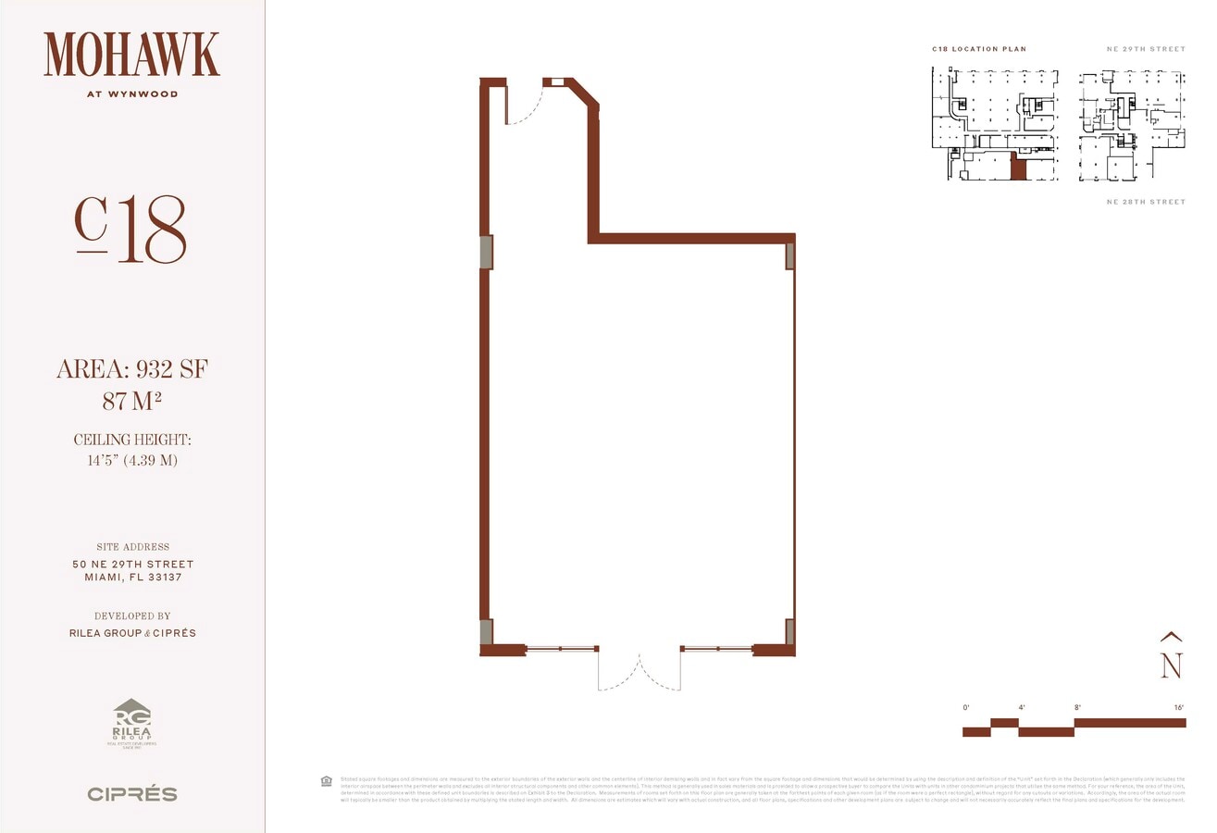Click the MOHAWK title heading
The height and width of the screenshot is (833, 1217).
131,55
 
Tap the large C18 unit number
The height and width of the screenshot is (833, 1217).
130,230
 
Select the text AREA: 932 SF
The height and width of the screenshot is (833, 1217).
131,370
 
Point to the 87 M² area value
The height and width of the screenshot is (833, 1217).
131,402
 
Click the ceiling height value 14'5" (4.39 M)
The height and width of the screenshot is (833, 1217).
131,460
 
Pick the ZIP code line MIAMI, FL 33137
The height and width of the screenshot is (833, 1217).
132,578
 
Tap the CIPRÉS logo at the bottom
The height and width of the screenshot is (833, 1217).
131,794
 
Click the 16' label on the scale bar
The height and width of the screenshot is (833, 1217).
1178,708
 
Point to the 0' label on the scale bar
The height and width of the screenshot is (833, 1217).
966,708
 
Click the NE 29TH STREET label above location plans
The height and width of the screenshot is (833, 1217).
1146,49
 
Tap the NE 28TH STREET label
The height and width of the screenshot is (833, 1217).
1146,202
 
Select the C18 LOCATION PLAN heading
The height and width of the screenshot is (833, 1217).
979,49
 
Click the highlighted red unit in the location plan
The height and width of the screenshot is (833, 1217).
1018,168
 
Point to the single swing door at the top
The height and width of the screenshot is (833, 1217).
523,103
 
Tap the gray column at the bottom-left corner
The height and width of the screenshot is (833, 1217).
486,632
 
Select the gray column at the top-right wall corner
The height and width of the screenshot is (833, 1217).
790,256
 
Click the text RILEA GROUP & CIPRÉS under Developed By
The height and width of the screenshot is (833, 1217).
132,633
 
